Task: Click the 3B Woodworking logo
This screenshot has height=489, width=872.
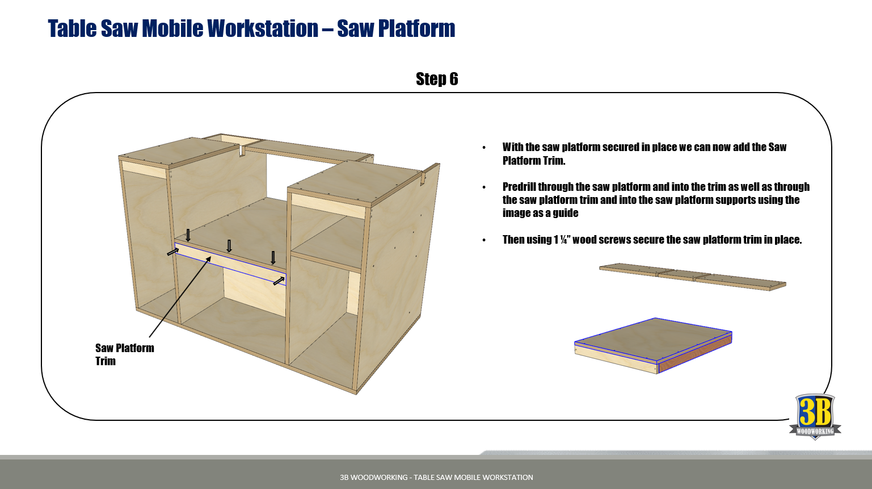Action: pyautogui.click(x=815, y=416)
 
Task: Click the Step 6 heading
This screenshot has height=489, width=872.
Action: pyautogui.click(x=437, y=79)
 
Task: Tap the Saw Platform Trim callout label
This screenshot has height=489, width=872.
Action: pyautogui.click(x=124, y=354)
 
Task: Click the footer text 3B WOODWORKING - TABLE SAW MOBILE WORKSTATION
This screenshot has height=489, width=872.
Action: pyautogui.click(x=436, y=477)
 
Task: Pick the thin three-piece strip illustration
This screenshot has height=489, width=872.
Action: pyautogui.click(x=693, y=277)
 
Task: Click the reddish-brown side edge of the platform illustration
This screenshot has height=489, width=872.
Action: pyautogui.click(x=695, y=353)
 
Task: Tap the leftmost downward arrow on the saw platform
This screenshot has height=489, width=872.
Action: pyautogui.click(x=188, y=235)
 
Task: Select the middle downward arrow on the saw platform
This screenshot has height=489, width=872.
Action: pyautogui.click(x=229, y=246)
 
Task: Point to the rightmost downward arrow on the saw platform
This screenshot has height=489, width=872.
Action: pyautogui.click(x=273, y=257)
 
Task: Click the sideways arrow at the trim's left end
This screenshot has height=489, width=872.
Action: pyautogui.click(x=173, y=252)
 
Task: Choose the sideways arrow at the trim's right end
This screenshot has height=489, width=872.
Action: pyautogui.click(x=279, y=281)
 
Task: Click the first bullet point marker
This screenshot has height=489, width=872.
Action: pyautogui.click(x=484, y=148)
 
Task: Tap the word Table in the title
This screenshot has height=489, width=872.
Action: pyautogui.click(x=72, y=28)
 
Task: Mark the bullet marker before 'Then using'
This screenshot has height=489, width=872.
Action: pyautogui.click(x=484, y=240)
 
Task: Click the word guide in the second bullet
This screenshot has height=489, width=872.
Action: pyautogui.click(x=566, y=213)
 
